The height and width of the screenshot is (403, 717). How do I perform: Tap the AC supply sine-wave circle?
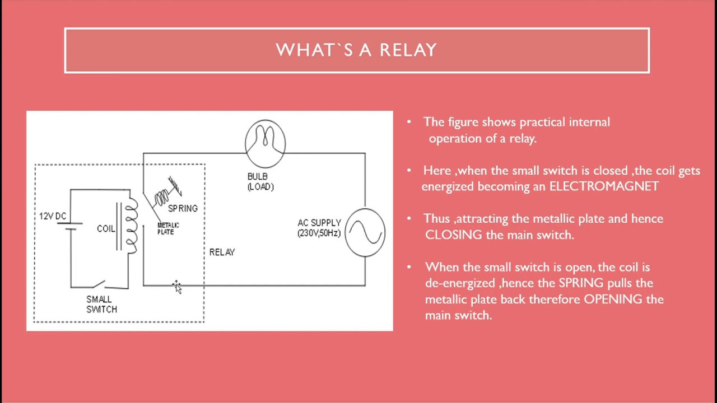(365, 232)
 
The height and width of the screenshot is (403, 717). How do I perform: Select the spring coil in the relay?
(162, 196)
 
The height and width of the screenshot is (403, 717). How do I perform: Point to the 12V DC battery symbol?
(71, 226)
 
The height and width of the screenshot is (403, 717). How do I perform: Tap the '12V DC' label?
(53, 217)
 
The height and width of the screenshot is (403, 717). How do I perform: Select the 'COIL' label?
(106, 229)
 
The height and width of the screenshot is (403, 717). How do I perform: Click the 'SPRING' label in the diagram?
(183, 208)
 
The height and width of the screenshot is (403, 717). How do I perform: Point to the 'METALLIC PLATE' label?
(167, 228)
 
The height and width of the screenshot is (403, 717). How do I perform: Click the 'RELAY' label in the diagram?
(222, 252)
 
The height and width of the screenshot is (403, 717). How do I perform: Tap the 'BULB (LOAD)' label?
(260, 182)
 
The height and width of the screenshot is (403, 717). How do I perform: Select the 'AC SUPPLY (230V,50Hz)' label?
(319, 228)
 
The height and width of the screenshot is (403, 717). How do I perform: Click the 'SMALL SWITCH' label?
(101, 304)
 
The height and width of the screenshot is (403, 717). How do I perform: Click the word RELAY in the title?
(408, 50)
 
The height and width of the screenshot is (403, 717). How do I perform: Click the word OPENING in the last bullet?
(613, 299)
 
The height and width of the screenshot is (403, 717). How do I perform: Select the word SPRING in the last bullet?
(581, 283)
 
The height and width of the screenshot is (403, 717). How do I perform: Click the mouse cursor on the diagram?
(177, 287)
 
